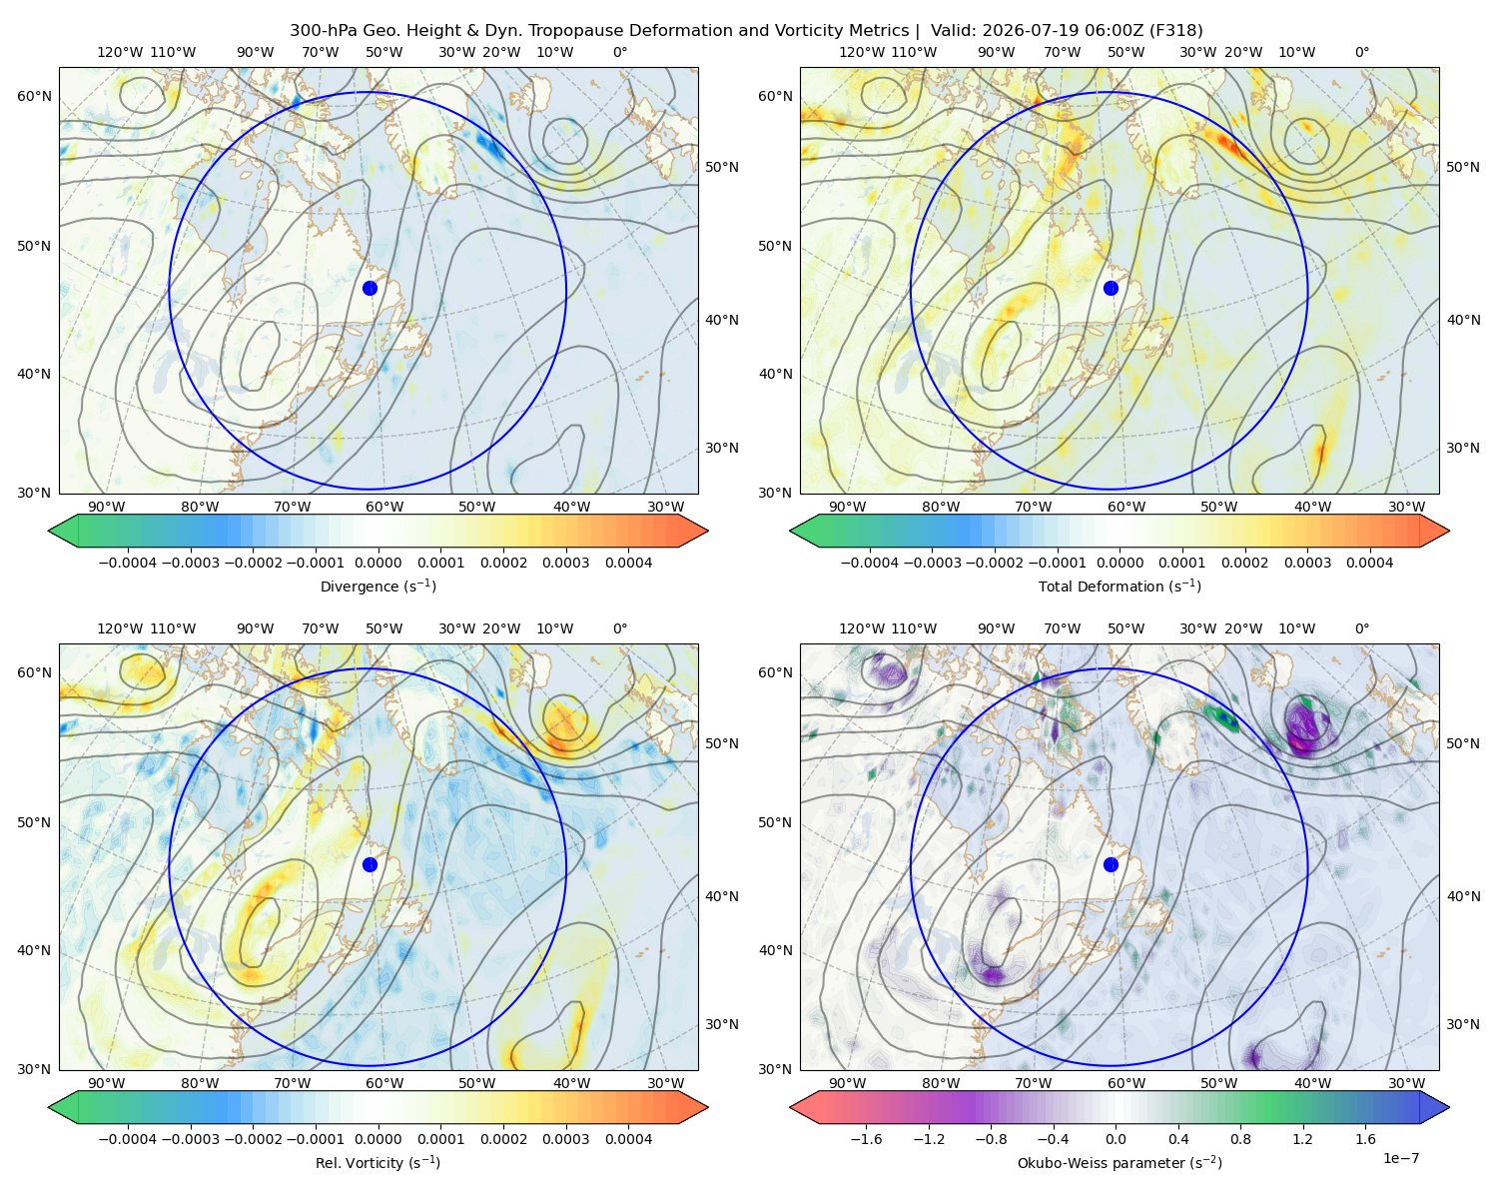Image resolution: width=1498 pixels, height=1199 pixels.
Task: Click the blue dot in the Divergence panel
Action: click(370, 288)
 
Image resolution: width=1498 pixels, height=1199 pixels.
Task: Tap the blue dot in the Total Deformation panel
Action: click(1111, 288)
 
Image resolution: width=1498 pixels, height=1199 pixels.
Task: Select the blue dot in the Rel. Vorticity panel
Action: click(370, 864)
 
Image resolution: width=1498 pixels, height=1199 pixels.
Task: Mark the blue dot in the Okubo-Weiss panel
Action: click(1111, 864)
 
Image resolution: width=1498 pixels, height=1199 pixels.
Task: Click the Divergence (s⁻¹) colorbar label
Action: click(377, 587)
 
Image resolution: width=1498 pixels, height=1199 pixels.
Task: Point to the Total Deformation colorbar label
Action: click(1120, 587)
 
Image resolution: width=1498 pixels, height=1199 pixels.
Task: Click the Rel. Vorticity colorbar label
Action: click(377, 1163)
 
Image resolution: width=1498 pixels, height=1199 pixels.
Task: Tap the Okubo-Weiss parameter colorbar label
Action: click(1120, 1163)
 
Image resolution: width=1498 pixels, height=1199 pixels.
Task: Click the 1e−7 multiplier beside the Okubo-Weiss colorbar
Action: click(1400, 1158)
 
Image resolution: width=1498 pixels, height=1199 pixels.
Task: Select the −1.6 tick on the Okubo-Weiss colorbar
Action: click(866, 1139)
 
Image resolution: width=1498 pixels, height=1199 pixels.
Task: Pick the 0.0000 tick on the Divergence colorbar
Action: click(377, 563)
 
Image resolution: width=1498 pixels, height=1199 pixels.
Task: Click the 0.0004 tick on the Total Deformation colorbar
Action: click(1369, 563)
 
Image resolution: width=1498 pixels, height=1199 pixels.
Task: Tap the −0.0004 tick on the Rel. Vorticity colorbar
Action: click(128, 1139)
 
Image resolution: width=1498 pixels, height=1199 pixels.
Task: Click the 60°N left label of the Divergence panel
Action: click(34, 96)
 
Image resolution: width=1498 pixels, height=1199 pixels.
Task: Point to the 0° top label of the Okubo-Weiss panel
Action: click(1361, 628)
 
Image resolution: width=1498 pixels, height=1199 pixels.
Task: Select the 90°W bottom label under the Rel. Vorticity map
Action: click(107, 1083)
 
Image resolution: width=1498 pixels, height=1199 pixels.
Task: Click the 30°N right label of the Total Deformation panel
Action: click(1463, 448)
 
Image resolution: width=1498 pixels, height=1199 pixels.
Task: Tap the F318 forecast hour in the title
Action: click(1178, 31)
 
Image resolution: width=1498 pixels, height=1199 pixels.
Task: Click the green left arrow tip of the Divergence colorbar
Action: click(49, 531)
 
